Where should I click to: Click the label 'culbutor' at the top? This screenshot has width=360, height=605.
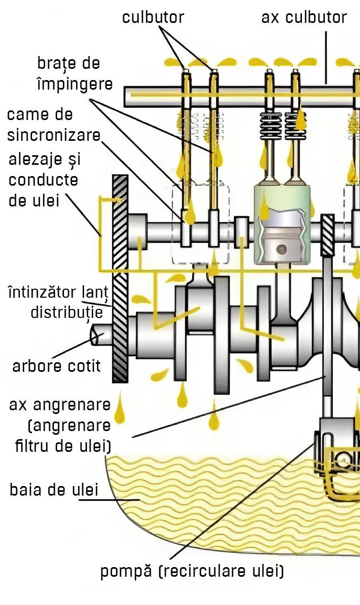pos(153,17)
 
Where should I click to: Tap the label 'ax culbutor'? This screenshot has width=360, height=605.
pos(303,17)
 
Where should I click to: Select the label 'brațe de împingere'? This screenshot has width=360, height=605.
pos(75,73)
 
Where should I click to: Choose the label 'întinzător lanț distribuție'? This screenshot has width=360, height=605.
pos(58,303)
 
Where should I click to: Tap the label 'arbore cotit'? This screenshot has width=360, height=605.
pos(57,367)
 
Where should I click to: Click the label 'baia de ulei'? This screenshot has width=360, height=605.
pos(54,490)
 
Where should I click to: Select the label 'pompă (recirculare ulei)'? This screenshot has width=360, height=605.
pos(192,571)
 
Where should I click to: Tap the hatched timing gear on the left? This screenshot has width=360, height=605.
pos(120,277)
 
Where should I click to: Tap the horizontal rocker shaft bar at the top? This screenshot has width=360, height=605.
pos(240,95)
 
